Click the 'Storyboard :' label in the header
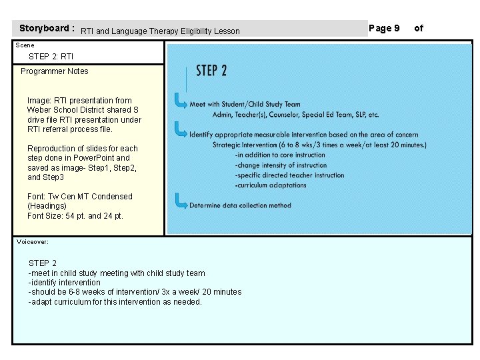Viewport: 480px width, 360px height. point(46,29)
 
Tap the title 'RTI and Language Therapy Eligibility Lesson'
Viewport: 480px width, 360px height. point(160,31)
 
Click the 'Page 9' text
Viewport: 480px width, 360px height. point(384,28)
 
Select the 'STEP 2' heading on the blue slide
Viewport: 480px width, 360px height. point(211,71)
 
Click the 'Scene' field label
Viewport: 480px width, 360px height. point(25,45)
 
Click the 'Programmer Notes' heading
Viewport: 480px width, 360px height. point(54,71)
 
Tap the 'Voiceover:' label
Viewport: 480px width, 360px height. point(33,242)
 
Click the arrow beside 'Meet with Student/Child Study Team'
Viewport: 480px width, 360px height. point(180,101)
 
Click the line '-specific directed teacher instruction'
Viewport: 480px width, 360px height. point(289,175)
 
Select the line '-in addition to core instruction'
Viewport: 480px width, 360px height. point(280,155)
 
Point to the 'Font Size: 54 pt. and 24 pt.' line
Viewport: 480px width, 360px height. point(75,216)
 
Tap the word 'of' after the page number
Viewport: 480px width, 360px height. point(419,28)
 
